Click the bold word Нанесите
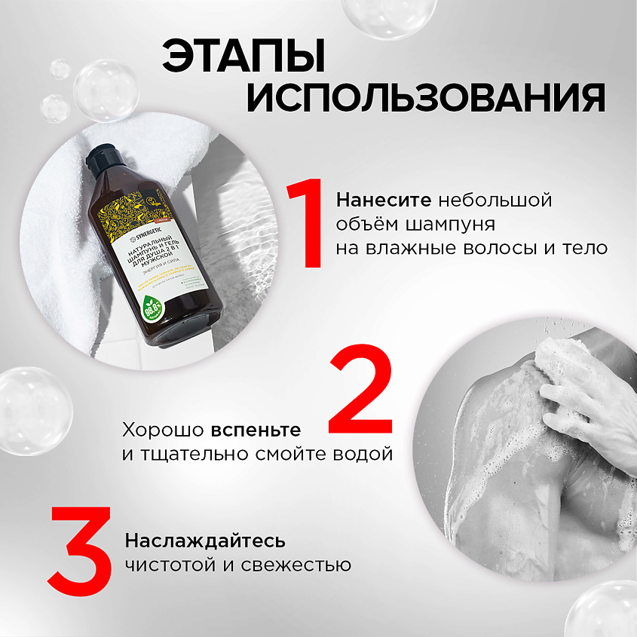[x=384, y=202]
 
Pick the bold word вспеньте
[x=256, y=430]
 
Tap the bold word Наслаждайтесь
[x=205, y=541]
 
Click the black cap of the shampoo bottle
[x=100, y=160]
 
